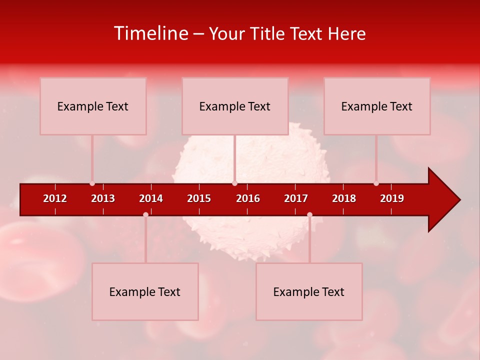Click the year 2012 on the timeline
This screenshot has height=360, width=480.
[x=55, y=198]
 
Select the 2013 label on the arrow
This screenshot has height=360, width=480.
[x=103, y=198]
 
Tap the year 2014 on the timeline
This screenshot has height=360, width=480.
[x=151, y=198]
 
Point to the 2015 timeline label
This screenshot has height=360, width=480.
[x=199, y=198]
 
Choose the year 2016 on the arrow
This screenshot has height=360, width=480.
[x=248, y=198]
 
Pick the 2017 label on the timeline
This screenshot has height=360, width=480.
[x=296, y=198]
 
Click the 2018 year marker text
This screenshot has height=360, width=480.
[x=344, y=198]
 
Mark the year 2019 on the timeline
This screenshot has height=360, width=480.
[x=392, y=198]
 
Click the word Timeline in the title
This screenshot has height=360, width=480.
[x=151, y=33]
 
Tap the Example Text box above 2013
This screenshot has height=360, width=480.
[x=93, y=106]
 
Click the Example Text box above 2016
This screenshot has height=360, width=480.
[x=235, y=106]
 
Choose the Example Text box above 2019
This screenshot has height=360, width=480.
[x=377, y=106]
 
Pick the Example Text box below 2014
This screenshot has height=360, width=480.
[x=145, y=291]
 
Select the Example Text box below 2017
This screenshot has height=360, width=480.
[x=309, y=291]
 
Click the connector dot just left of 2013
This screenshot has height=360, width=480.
[x=92, y=183]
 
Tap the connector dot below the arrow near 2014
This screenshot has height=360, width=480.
[x=145, y=214]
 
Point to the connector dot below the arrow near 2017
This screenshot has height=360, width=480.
[x=309, y=214]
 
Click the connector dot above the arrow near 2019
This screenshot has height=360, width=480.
[x=376, y=183]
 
